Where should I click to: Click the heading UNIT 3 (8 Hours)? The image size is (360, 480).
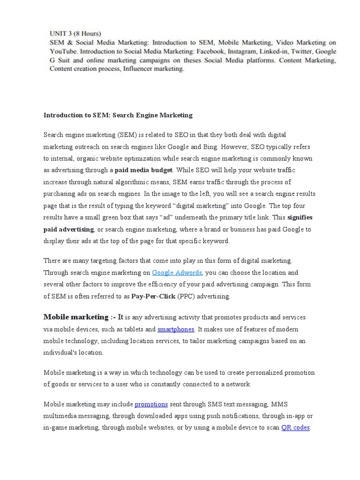coord(75,33)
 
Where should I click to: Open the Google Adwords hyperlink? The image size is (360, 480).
coord(177,272)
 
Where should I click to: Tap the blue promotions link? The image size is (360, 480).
coord(151,404)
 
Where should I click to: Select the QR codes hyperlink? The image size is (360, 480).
coord(295,427)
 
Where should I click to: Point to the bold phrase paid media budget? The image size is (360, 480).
coord(144,170)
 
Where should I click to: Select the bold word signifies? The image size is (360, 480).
coord(300,217)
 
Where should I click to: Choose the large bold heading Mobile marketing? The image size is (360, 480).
coord(75,317)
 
